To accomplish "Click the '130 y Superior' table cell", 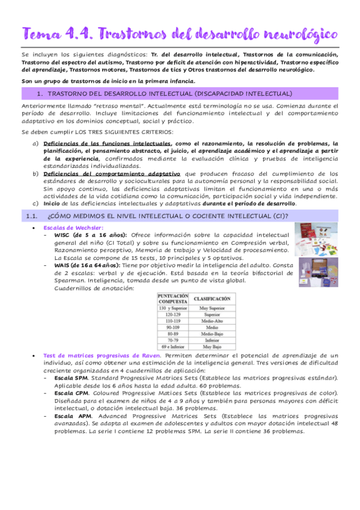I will coord(173,308).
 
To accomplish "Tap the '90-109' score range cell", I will coord(173,328).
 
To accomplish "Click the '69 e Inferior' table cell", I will coord(173,347).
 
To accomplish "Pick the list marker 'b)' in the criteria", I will coord(35,173).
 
